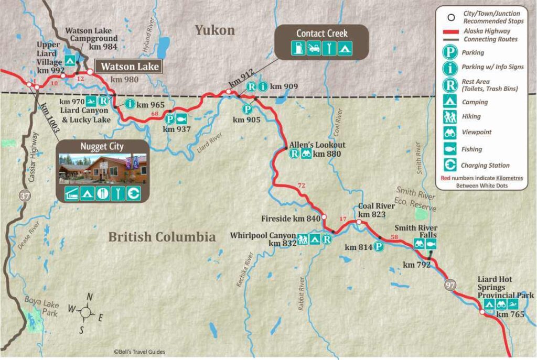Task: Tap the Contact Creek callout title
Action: click(321, 34)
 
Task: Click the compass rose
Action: click(85, 312)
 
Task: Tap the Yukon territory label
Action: click(215, 30)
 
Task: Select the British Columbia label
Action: click(162, 237)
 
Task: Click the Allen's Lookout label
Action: click(309, 145)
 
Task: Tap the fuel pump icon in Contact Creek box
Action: click(298, 48)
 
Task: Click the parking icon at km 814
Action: click(379, 246)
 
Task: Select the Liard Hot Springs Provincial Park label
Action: click(505, 287)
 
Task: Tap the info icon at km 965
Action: click(130, 104)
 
